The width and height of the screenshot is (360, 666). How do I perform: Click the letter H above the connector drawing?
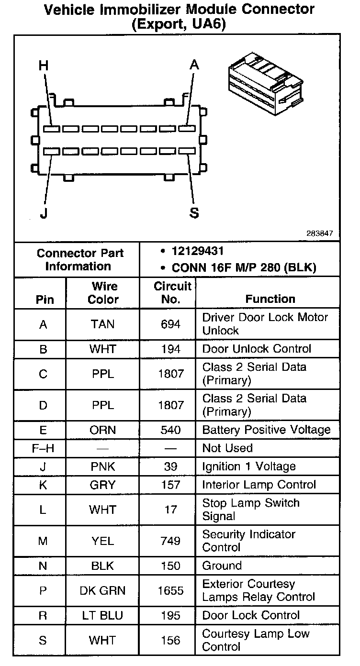44,66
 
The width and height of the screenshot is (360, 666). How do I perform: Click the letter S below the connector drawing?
194,213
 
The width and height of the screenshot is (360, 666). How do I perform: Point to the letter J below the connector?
44,213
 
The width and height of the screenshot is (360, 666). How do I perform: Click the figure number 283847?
320,233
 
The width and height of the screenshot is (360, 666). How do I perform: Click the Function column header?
270,299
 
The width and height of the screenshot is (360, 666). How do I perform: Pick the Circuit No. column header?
172,293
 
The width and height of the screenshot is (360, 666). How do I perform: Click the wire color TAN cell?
103,324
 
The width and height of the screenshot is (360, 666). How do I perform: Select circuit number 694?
171,324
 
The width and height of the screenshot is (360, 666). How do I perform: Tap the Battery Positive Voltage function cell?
266,430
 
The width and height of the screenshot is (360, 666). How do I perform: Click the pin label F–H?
43,448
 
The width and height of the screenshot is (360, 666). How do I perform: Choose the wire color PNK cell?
103,466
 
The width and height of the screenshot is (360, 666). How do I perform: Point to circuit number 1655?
171,590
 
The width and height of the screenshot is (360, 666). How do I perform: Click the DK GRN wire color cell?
103,590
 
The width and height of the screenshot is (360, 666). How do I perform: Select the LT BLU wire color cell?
103,615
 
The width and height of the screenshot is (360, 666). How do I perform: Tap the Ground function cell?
222,566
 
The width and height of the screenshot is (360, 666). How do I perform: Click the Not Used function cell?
227,448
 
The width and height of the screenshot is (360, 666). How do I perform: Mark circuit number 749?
171,541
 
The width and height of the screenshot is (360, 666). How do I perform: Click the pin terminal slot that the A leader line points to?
187,129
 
